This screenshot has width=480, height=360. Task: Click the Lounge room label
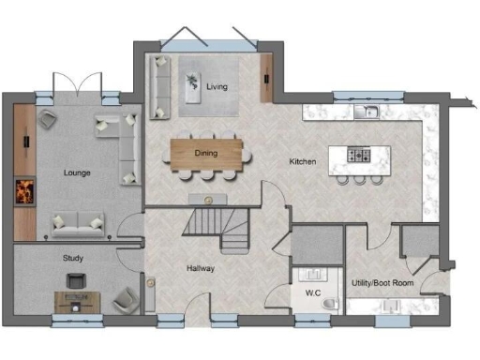pyautogui.click(x=77, y=173)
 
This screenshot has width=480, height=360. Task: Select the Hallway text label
pyautogui.click(x=201, y=269)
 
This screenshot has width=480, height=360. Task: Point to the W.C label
pyautogui.click(x=312, y=291)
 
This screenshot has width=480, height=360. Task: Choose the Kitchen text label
pyautogui.click(x=303, y=162)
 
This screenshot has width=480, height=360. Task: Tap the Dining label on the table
pyautogui.click(x=205, y=152)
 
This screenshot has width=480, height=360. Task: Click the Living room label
pyautogui.click(x=217, y=88)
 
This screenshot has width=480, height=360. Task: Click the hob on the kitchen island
pyautogui.click(x=358, y=155)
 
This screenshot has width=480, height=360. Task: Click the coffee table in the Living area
pyautogui.click(x=193, y=86)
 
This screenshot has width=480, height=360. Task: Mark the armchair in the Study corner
pyautogui.click(x=124, y=300)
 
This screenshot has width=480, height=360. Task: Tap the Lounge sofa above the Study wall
pyautogui.click(x=77, y=221)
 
